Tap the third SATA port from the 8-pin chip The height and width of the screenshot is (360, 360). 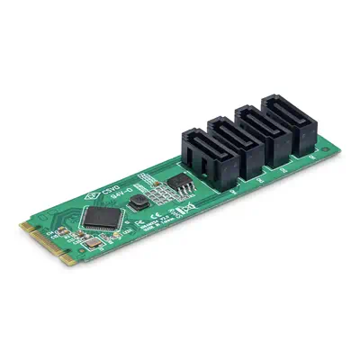[264, 129]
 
